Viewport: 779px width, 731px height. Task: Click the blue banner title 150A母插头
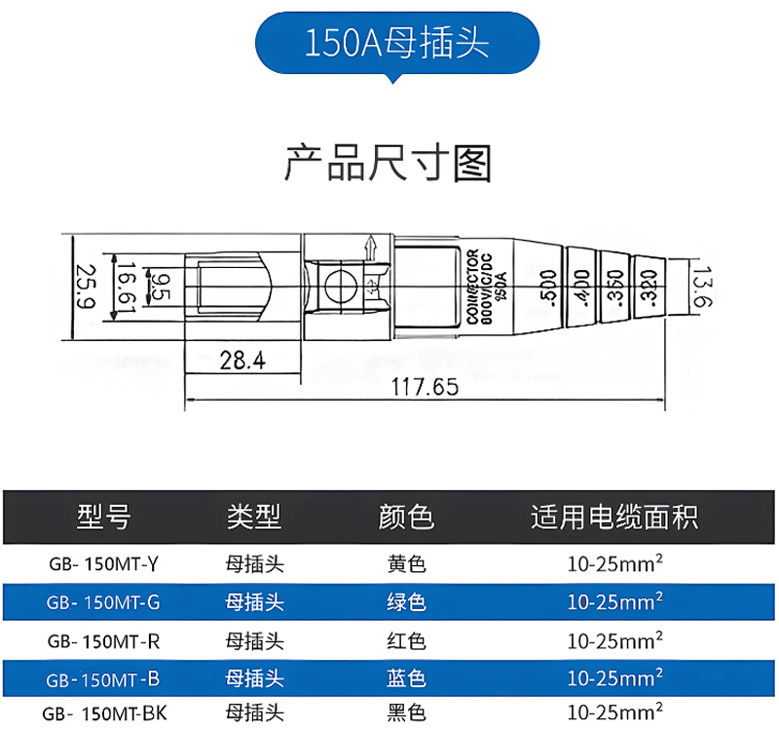coord(395,43)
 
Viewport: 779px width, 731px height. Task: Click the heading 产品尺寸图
coord(389,163)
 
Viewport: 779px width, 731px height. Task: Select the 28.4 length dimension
coord(242,360)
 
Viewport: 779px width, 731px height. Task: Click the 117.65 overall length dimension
coord(425,387)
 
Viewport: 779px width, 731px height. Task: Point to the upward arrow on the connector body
coord(370,250)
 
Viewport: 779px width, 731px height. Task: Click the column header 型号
coord(103,517)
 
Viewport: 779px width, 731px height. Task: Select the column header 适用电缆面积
coord(614,517)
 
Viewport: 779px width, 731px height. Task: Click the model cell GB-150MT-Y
coord(103,563)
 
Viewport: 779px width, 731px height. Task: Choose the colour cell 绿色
coord(407,602)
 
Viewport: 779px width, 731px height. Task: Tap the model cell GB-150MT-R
coord(103,641)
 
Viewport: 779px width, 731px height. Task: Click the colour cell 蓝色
coord(407,677)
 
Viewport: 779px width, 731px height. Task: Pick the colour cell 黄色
coord(407,563)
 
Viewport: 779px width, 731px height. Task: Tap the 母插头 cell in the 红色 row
coord(255,641)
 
